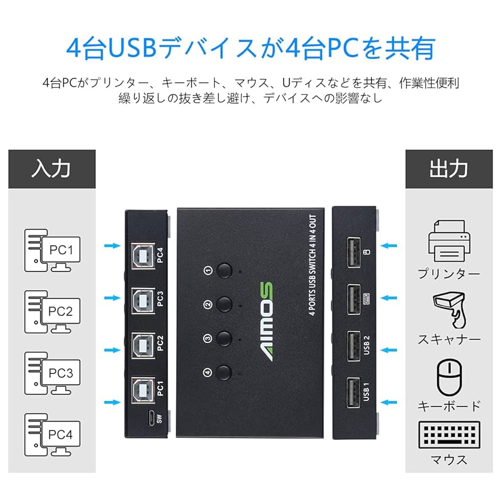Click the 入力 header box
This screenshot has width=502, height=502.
tap(52, 169)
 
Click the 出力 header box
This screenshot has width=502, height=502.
tap(448, 169)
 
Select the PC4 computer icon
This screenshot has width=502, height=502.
tap(53, 435)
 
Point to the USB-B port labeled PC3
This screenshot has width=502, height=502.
tap(141, 299)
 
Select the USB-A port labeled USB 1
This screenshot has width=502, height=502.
tap(354, 391)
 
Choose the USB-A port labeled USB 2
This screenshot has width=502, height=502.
tap(354, 344)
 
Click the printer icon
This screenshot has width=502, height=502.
tap(448, 239)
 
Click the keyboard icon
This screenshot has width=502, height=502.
tap(448, 435)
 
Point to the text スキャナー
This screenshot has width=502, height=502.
tap(449, 340)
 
